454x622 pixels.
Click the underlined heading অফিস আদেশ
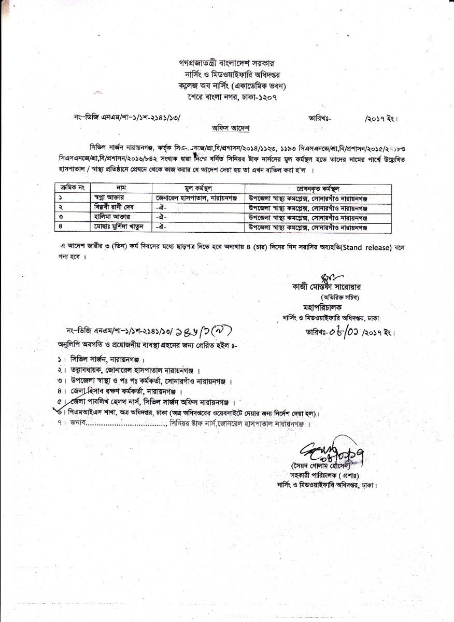point(226,128)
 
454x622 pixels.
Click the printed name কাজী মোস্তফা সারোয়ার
point(329,286)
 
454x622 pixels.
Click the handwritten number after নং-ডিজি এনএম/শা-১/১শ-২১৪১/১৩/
point(203,331)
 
